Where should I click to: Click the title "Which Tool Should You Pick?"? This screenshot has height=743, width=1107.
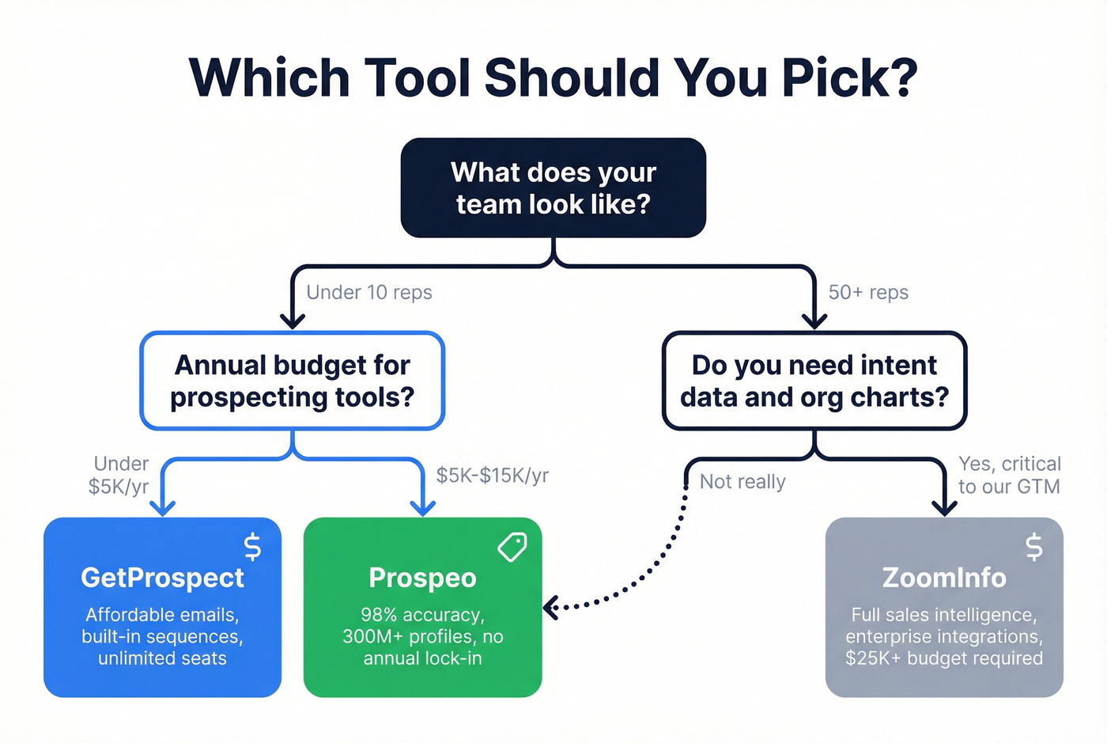point(553,78)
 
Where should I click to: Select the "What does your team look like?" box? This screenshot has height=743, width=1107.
point(553,188)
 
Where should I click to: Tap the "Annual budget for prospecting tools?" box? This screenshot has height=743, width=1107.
point(293,381)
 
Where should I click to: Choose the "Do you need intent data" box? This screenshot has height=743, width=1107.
point(814,381)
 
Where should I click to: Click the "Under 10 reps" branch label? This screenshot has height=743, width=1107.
point(369,293)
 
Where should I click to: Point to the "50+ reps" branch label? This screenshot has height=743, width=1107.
point(868,293)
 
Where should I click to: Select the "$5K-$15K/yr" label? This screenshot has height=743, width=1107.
point(493,476)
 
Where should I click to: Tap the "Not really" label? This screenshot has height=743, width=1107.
point(742,482)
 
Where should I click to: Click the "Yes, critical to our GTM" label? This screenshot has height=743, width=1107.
point(1010,475)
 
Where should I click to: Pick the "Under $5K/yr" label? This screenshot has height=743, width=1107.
point(119,475)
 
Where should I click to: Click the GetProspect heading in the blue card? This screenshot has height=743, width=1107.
point(162,578)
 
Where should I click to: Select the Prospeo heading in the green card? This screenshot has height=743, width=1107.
point(422,578)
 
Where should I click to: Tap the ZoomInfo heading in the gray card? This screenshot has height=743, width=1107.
point(944,578)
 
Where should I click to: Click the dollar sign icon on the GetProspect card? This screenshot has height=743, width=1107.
point(252,547)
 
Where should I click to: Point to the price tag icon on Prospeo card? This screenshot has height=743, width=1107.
point(512,547)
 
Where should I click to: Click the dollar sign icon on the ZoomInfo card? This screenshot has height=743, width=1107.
point(1033,547)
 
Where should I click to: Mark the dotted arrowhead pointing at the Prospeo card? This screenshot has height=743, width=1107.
point(550,608)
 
